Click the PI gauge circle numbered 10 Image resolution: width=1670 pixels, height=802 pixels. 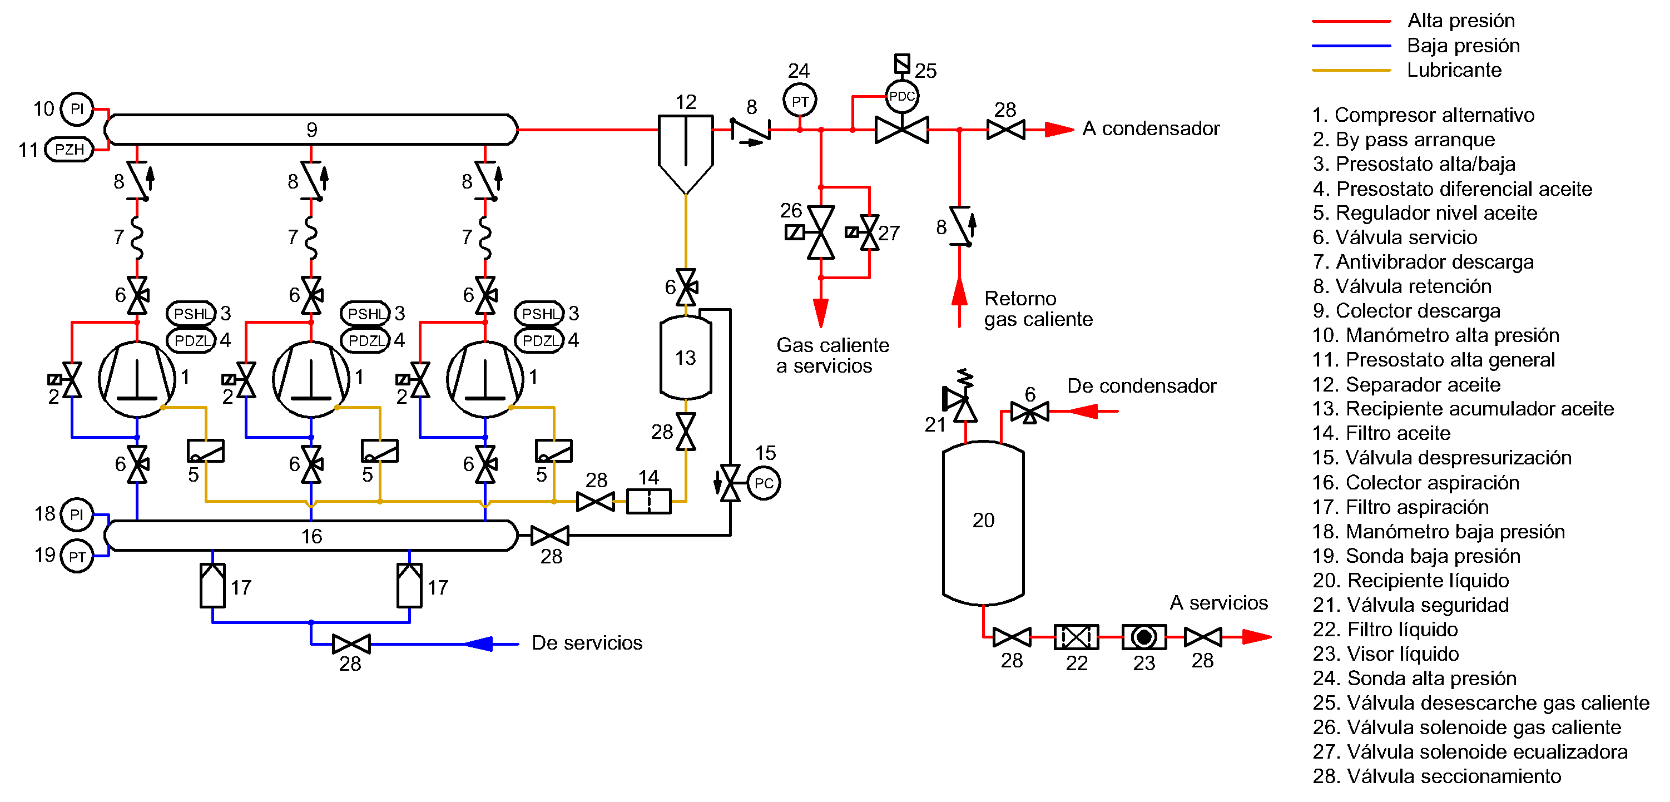point(77,109)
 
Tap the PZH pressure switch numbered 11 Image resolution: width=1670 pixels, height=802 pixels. point(70,150)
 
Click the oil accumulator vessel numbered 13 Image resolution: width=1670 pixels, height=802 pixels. point(685,357)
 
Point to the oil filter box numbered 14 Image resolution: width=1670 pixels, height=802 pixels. point(648,502)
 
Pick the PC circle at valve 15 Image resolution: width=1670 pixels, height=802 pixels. point(764,483)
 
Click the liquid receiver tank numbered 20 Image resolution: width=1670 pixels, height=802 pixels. point(983,522)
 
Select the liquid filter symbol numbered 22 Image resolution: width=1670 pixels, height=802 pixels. point(1076,637)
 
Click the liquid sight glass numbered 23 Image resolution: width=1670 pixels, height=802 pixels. point(1143,637)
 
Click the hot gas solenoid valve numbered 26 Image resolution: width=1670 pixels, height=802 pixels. point(820,232)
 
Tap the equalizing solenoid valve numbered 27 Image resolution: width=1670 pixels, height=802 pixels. point(869,232)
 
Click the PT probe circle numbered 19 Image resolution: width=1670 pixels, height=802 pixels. point(77,556)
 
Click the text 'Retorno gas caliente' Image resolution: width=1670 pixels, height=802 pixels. point(1038,309)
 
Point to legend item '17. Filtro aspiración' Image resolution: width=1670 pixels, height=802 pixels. point(1400,507)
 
